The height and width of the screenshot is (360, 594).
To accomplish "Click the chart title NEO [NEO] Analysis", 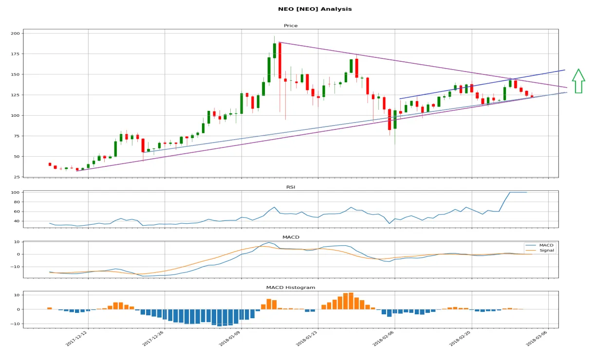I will pos(315,9).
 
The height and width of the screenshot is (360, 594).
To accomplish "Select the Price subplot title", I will pos(291,25).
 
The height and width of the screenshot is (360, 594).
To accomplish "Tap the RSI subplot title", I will pos(291,187).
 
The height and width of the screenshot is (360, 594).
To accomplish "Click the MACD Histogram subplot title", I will pos(291,288).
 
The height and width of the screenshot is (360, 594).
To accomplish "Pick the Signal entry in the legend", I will pos(547,251).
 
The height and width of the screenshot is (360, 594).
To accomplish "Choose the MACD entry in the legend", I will pos(546,245).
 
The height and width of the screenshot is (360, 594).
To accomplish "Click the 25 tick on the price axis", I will pos(17,177).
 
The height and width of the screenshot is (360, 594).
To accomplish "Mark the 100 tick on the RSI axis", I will pos(15,193).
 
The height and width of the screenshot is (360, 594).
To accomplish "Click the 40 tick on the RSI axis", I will pos(17,221).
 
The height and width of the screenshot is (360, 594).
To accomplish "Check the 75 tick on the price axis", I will pos(17,136).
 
